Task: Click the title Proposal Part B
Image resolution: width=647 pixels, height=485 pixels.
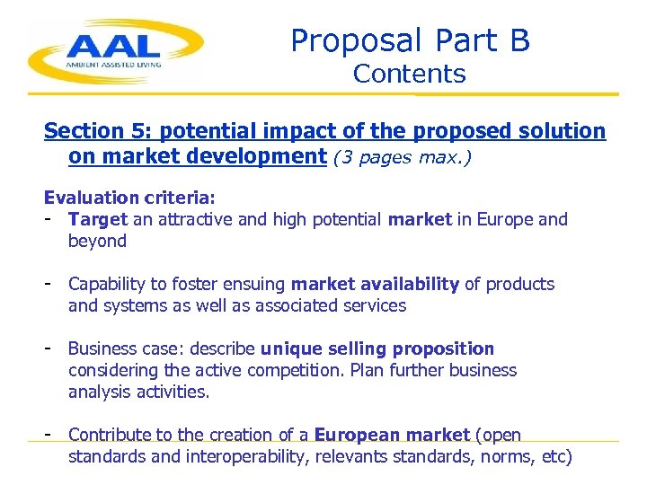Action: tap(410, 40)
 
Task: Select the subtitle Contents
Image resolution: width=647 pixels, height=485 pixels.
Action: tap(410, 75)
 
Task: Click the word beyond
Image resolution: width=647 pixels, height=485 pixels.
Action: tap(97, 241)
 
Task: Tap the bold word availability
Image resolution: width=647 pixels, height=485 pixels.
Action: tap(409, 284)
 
